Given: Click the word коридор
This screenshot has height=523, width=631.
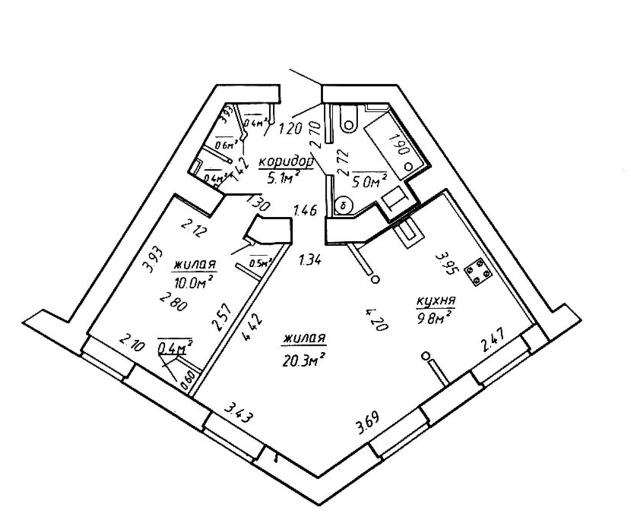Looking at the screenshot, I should click(285, 161).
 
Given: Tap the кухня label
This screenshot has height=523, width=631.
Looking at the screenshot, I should click(435, 302).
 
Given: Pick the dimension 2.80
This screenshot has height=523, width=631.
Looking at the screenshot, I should click(174, 304).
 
